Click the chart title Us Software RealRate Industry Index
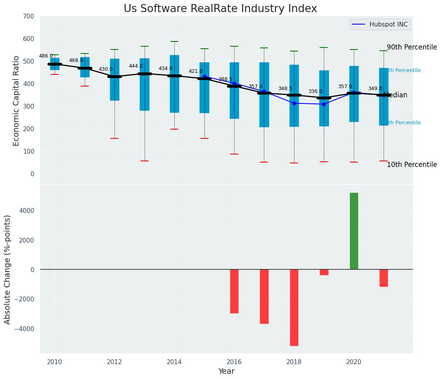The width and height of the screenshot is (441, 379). coord(220,9)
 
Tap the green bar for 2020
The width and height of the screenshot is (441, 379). coord(354,231)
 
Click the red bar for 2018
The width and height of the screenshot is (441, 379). coord(294,307)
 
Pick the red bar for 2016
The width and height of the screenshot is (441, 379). coord(234,291)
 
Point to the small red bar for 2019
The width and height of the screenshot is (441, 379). coord(324,272)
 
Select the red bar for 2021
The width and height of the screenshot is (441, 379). coord(384,278)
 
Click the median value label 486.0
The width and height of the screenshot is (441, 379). coord(46,56)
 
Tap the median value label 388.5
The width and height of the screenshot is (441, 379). coord(225,79)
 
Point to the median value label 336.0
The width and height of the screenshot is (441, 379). coord(315,91)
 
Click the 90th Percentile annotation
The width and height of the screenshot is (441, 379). coord(412,47)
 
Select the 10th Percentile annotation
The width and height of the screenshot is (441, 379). coord(412,165)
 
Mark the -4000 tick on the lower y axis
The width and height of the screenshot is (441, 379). coord(25,329)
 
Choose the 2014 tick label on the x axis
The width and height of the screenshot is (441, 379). coord(174,362)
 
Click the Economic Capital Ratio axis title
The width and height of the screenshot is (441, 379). coord(16,101)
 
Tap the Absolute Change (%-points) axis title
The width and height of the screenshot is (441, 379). coord(8,269)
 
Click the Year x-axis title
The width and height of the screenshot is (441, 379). coord(226,371)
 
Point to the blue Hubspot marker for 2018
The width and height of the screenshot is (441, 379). coord(294,103)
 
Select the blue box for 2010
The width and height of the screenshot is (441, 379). coord(55,64)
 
